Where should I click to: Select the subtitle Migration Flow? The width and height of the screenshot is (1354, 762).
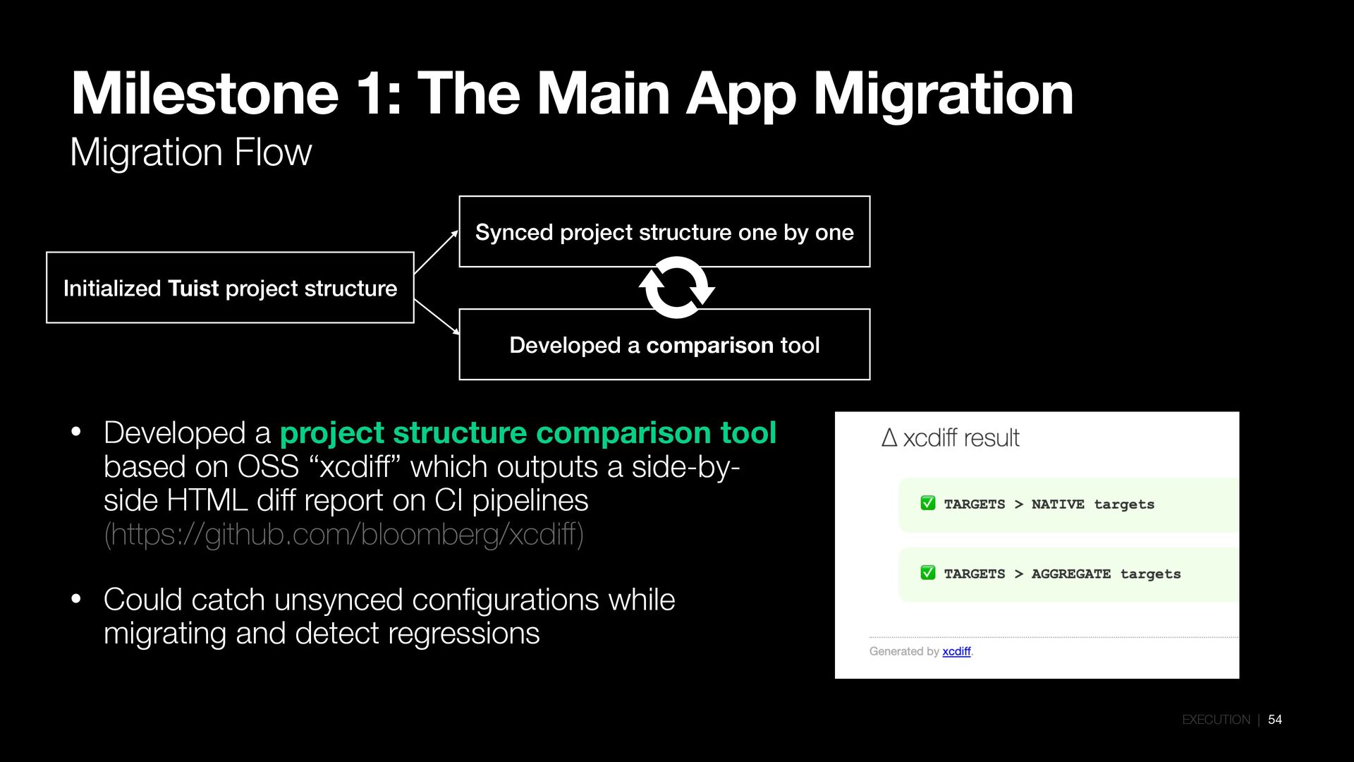click(190, 152)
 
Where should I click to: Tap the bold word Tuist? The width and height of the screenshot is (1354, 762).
click(193, 289)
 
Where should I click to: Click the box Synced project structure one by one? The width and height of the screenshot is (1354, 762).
click(664, 231)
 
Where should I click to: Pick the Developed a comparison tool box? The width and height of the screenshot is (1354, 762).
click(664, 345)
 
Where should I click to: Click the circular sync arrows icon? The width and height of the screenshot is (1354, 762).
click(676, 288)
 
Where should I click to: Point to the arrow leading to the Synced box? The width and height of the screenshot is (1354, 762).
click(436, 252)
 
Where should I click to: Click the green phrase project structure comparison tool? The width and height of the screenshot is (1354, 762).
click(527, 433)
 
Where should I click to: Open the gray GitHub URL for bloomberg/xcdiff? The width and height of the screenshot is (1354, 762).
click(343, 535)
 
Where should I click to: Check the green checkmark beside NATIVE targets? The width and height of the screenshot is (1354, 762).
click(928, 503)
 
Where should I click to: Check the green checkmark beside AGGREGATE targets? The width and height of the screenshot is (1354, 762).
click(928, 573)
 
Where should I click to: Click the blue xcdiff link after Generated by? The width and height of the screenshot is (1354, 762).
click(956, 651)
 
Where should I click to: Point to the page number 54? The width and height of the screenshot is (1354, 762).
click(1275, 720)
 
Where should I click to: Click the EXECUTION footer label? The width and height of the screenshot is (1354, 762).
click(1216, 720)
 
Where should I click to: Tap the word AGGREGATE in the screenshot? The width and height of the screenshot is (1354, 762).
click(1071, 574)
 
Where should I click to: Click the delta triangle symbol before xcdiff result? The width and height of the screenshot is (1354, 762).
click(889, 438)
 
